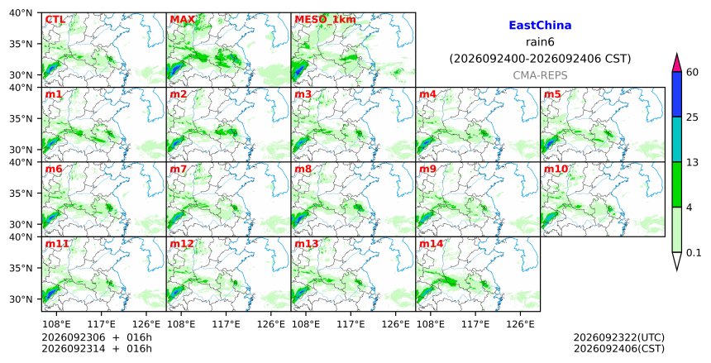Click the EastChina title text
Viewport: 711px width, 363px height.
tap(540, 26)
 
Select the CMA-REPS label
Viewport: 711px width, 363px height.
tap(540, 76)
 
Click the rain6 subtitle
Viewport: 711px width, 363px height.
tap(540, 42)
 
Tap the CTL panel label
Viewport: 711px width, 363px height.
tap(55, 20)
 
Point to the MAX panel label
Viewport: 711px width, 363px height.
tap(182, 20)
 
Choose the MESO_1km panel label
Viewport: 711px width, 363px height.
tap(325, 20)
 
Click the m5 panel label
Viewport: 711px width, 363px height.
tap(552, 94)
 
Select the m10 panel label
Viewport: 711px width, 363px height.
tap(556, 170)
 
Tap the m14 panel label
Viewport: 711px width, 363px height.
tap(431, 244)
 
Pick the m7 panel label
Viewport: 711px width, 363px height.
tap(179, 170)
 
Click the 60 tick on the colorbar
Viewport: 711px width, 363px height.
tap(692, 72)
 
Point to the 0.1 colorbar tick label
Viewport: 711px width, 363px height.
tap(694, 253)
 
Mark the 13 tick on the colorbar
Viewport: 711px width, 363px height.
tap(692, 162)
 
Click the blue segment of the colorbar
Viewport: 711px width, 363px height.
tap(676, 94)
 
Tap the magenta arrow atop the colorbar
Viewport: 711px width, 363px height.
tap(676, 63)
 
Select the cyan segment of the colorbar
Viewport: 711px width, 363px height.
tap(676, 139)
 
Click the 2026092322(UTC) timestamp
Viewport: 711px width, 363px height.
tap(619, 337)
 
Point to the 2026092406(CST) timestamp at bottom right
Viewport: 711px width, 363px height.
tap(619, 349)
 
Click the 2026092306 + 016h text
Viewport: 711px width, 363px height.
tap(97, 337)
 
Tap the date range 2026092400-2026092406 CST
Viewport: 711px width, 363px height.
tap(540, 59)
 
